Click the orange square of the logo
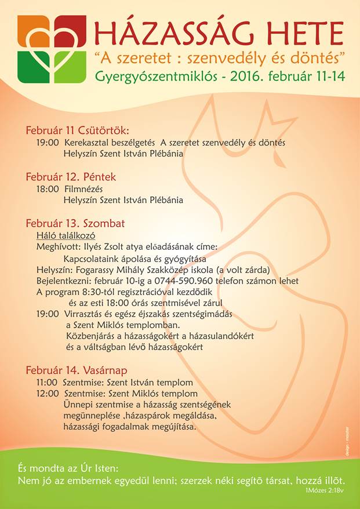[x=32, y=31]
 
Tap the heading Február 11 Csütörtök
[x=77, y=130]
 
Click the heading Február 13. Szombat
[x=75, y=223]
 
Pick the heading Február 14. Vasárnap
[x=77, y=370]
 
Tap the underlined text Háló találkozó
[x=66, y=235]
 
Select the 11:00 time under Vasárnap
[x=47, y=383]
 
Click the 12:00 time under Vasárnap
[x=47, y=394]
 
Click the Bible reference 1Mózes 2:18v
[x=325, y=490]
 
